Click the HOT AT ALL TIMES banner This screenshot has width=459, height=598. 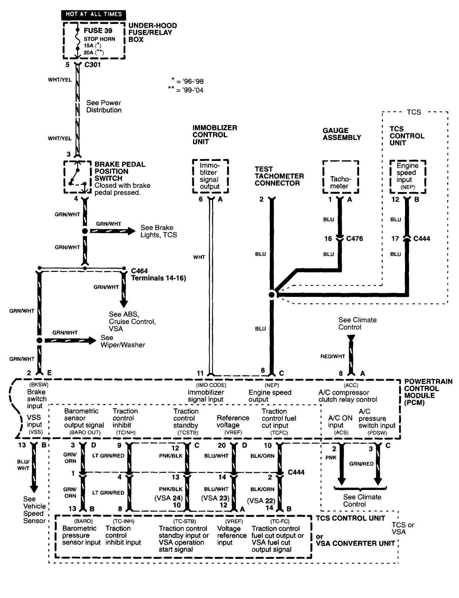[x=94, y=14]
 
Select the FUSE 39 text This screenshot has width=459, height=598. [x=98, y=31]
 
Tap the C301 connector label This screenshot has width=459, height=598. [x=92, y=65]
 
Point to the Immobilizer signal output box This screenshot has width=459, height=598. [x=210, y=176]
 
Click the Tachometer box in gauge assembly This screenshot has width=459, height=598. [x=341, y=177]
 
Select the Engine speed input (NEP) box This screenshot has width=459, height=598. [x=408, y=176]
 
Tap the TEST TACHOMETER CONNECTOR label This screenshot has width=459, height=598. [x=279, y=176]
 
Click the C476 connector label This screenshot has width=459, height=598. [x=354, y=239]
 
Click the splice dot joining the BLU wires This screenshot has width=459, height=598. [x=272, y=295]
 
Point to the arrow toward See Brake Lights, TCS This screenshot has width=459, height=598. [x=113, y=231]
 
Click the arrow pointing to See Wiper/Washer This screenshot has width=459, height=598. [x=70, y=340]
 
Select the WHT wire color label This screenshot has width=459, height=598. [x=199, y=257]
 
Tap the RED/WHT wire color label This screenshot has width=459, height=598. [x=332, y=356]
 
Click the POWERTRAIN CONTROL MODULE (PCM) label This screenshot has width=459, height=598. [x=428, y=392]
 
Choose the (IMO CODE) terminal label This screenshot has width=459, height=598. [x=211, y=385]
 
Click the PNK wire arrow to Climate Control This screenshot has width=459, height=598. [x=342, y=465]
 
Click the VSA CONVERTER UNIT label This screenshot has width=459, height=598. [x=355, y=543]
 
